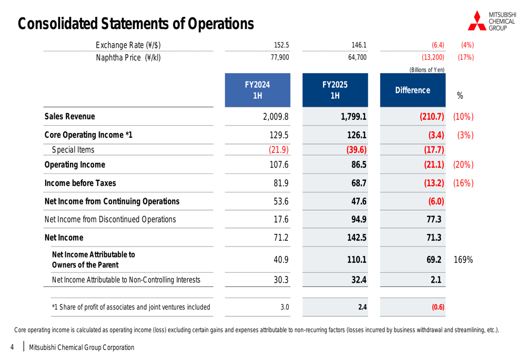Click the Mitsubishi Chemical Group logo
pyautogui.click(x=491, y=20)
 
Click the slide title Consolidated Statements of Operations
pyautogui.click(x=136, y=24)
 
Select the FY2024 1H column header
pyautogui.click(x=257, y=90)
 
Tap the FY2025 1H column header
pyautogui.click(x=335, y=90)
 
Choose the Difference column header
pyautogui.click(x=412, y=90)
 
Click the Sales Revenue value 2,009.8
pyautogui.click(x=276, y=117)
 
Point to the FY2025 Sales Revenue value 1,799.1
pyautogui.click(x=353, y=117)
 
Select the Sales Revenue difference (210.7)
pyautogui.click(x=432, y=117)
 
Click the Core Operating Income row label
pyautogui.click(x=88, y=135)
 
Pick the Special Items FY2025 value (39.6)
pyautogui.click(x=356, y=150)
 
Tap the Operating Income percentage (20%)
pyautogui.click(x=463, y=165)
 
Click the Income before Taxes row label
pyautogui.click(x=80, y=183)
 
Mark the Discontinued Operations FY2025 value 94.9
pyautogui.click(x=358, y=220)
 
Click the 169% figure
pyautogui.click(x=463, y=260)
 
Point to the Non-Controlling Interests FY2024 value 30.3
pyautogui.click(x=281, y=280)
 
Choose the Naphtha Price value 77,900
pyautogui.click(x=279, y=58)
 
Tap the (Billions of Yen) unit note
pyautogui.click(x=427, y=70)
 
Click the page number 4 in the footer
pyautogui.click(x=12, y=347)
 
